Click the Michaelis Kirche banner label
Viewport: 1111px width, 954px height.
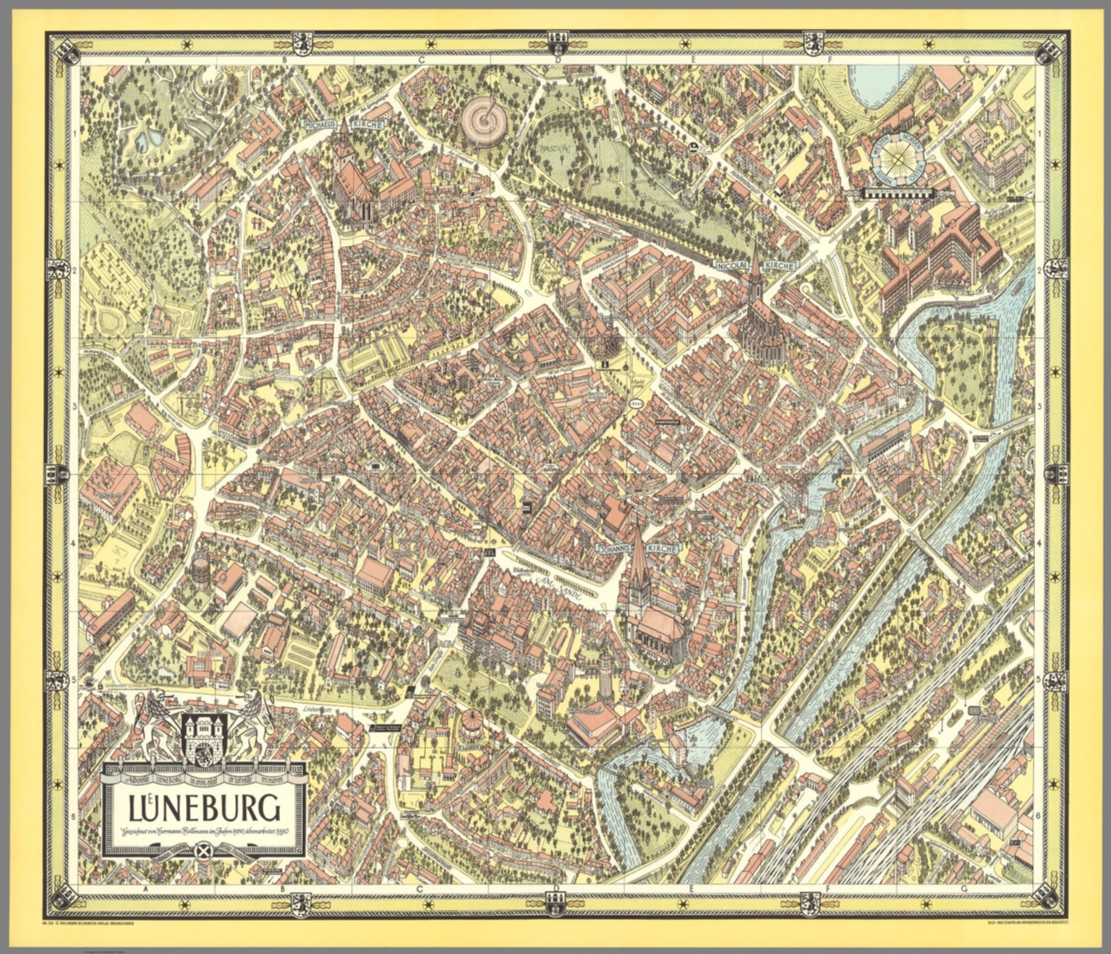[345, 124]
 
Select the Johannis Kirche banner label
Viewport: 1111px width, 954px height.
[638, 549]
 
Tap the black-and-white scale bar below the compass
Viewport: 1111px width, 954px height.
[901, 193]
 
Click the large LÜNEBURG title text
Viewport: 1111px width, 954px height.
[205, 807]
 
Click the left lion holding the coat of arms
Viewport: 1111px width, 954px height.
[159, 723]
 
